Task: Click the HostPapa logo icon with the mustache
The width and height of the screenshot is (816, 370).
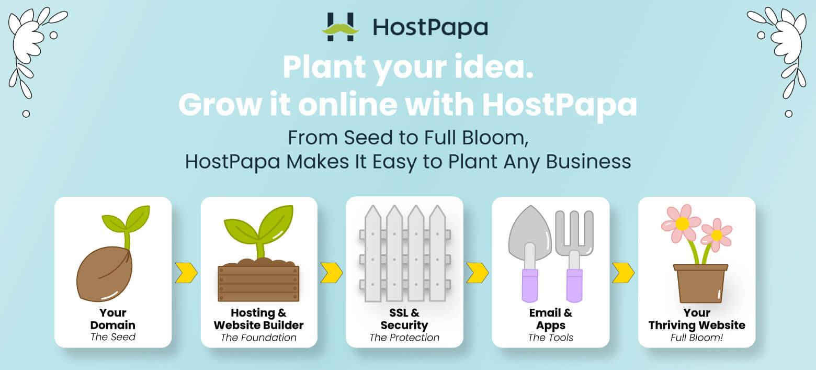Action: [341, 27]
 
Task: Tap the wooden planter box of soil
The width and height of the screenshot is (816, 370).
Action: [258, 283]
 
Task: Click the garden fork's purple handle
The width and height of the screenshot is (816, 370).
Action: [574, 285]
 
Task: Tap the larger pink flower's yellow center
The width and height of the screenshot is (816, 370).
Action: [682, 223]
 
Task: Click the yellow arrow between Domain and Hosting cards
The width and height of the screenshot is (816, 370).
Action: [186, 272]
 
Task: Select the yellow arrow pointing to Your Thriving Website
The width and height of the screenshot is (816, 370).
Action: [623, 272]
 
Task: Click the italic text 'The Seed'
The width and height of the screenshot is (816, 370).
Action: [113, 337]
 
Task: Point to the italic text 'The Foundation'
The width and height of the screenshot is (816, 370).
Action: [258, 338]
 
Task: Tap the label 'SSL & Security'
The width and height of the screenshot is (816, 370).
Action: [404, 319]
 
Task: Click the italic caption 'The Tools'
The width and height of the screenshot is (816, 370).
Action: [550, 338]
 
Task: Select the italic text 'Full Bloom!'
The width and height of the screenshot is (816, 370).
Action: [697, 338]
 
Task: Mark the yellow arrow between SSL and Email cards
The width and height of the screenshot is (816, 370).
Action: [477, 272]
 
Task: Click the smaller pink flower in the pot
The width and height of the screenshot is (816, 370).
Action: [717, 235]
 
